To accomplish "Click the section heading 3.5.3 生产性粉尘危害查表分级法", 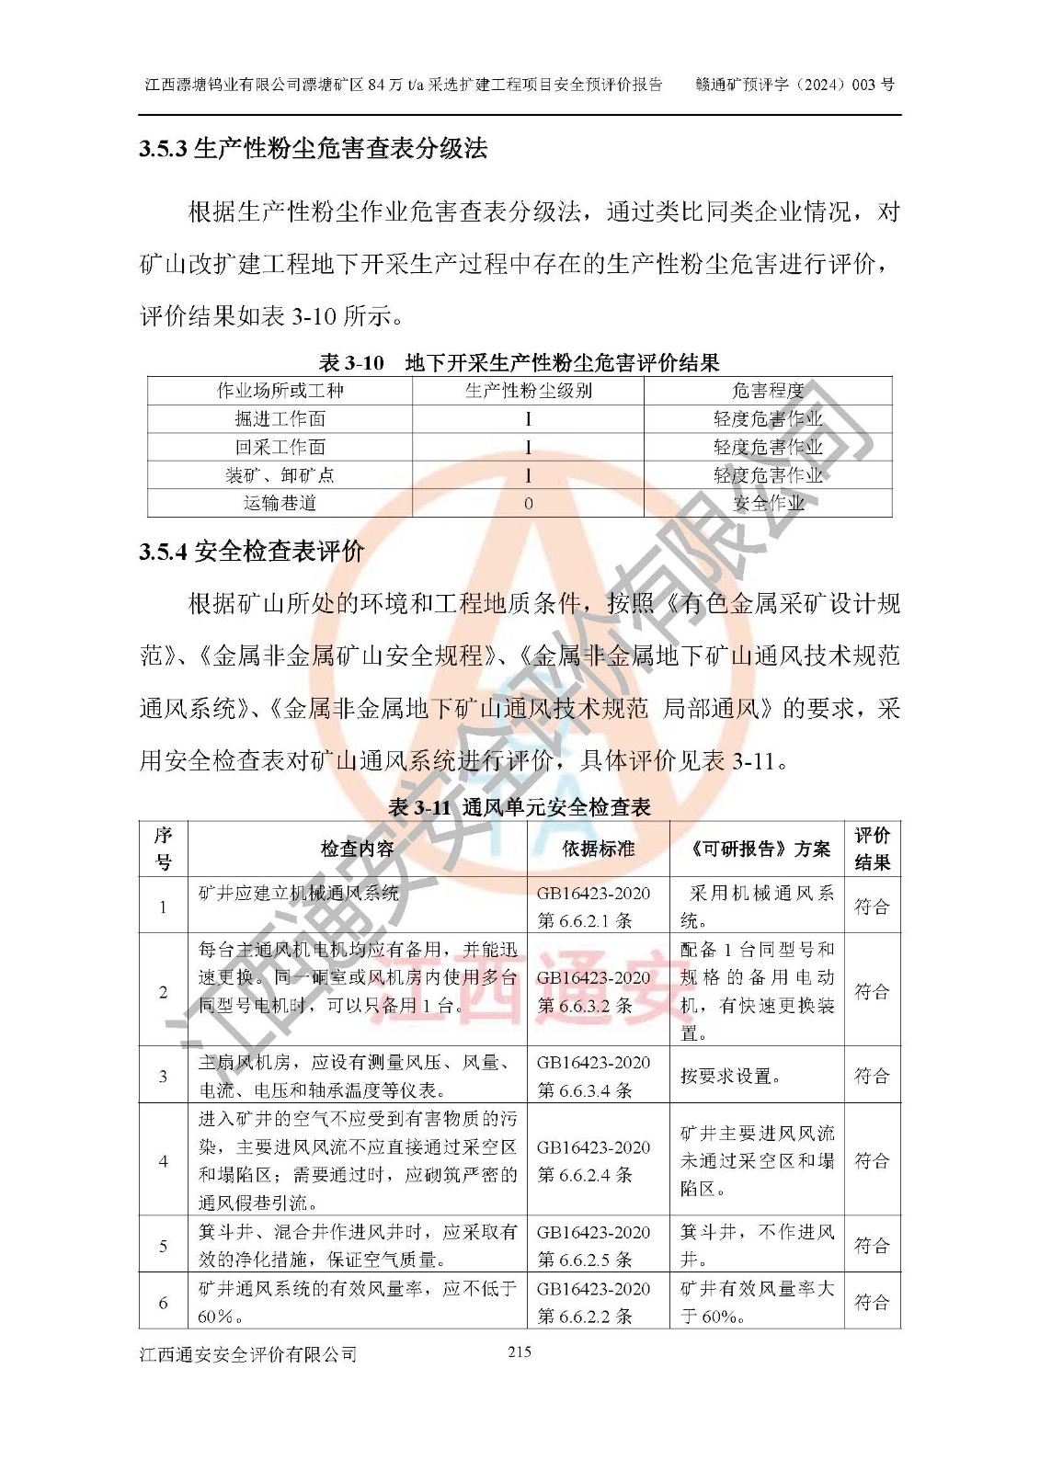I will tap(313, 149).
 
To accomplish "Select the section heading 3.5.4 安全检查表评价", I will tap(252, 552).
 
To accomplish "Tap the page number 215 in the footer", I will tap(519, 1351).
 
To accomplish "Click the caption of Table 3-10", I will tap(519, 363).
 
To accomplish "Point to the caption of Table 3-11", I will tap(520, 807).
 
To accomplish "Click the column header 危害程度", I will tap(767, 391).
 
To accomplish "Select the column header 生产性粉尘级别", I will tap(528, 391).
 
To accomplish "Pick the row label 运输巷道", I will tap(280, 503).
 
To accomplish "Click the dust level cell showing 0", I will tap(528, 504).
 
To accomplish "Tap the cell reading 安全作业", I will tap(768, 503).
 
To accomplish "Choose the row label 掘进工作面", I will tap(280, 419).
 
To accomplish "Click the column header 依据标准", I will tap(598, 849).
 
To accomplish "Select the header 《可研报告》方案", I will tap(757, 849).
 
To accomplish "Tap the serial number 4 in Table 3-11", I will tap(163, 1161).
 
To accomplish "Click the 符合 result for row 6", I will tap(872, 1302).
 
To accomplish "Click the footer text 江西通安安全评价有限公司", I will tap(247, 1354).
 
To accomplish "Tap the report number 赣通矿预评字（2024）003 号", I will tap(794, 85).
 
